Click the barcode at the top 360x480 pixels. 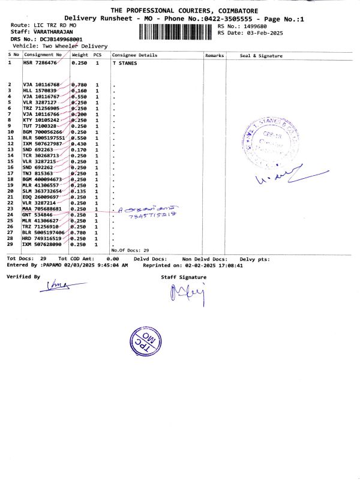[x=177, y=31]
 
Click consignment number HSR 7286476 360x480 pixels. [x=40, y=62]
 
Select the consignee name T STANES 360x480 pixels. [x=124, y=62]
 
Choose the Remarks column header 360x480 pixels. [x=214, y=55]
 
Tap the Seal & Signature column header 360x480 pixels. [x=261, y=55]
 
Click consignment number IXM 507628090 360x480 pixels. [x=42, y=244]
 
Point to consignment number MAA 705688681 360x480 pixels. [x=42, y=209]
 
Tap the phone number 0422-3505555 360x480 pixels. [x=223, y=19]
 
